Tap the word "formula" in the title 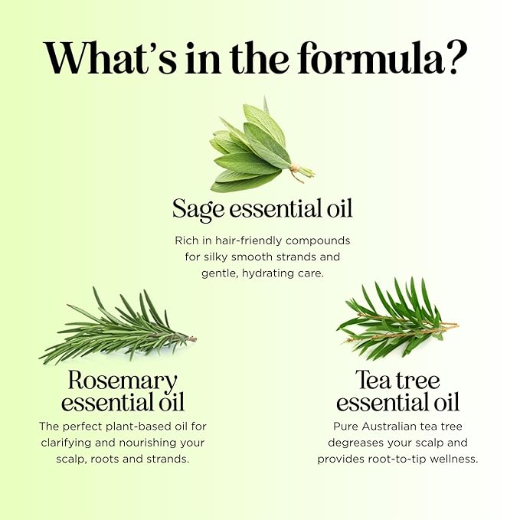(x=371, y=57)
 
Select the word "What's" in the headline (x=110, y=58)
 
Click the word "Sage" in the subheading (x=198, y=209)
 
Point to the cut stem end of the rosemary (x=191, y=338)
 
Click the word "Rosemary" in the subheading (x=123, y=381)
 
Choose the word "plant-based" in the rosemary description (x=136, y=426)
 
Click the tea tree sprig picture (x=397, y=319)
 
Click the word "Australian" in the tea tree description (x=389, y=426)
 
